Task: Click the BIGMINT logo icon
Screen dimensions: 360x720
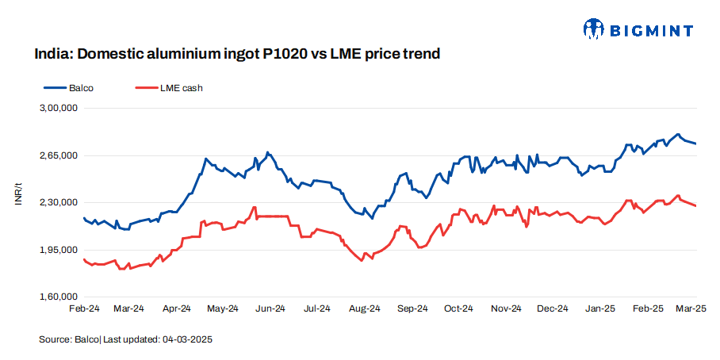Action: (x=593, y=29)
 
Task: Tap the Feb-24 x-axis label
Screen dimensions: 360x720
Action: (x=83, y=308)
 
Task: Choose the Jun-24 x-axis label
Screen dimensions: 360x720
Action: (x=270, y=308)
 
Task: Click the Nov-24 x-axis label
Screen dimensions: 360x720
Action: (x=506, y=308)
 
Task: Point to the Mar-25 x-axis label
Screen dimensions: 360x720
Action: (x=695, y=308)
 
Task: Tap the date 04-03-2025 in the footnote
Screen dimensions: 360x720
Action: (x=187, y=339)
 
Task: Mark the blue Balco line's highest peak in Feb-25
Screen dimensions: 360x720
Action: (x=678, y=134)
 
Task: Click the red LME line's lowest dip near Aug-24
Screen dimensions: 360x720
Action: (x=362, y=261)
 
